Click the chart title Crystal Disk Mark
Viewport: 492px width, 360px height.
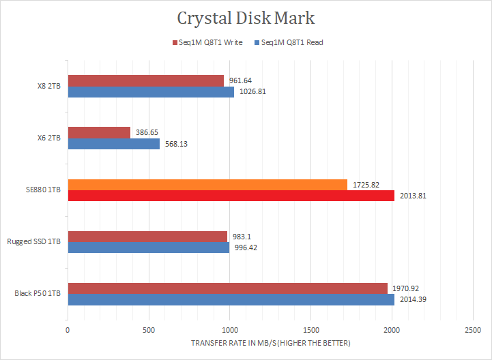246,17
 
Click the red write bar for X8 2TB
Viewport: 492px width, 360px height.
145,80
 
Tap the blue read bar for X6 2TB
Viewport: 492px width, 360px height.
113,144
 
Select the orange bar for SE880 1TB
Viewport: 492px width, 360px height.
207,185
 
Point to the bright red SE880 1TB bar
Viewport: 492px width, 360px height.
231,196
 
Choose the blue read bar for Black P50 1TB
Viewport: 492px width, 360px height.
231,299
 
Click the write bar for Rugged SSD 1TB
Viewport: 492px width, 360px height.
147,237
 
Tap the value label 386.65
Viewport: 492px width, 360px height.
148,133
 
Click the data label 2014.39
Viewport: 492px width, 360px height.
412,299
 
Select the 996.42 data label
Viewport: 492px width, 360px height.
248,247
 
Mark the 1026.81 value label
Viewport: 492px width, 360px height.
252,91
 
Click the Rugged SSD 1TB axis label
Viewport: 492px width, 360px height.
33,242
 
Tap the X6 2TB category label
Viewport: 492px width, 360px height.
48,138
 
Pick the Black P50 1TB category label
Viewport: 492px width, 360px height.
38,294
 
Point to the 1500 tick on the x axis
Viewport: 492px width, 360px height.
310,330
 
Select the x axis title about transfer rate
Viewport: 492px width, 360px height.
270,342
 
